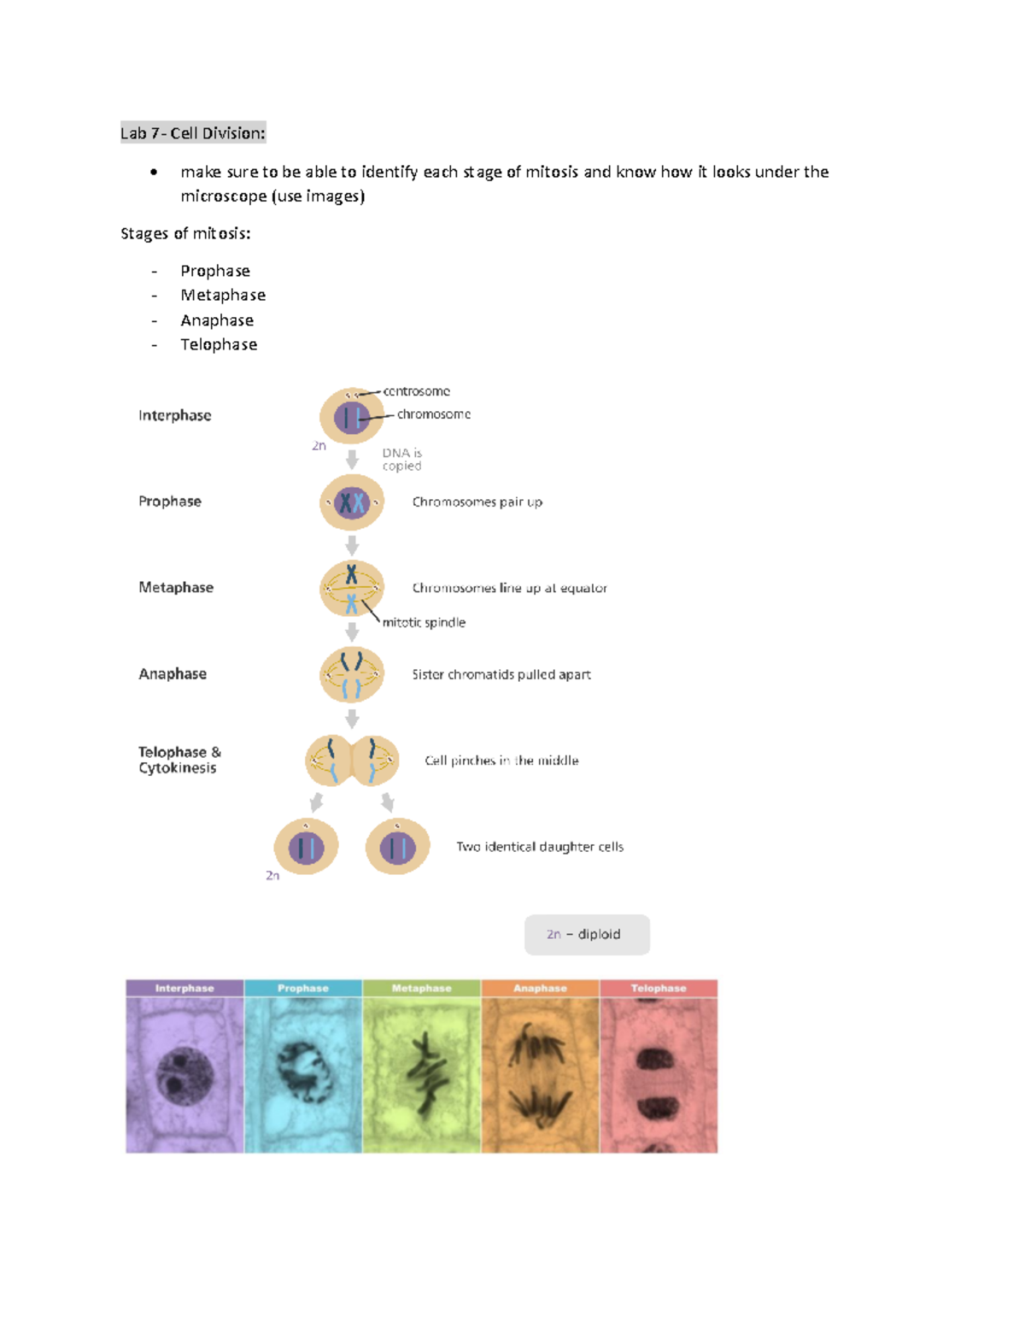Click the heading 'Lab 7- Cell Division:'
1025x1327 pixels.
point(193,132)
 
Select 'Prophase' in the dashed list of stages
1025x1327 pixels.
point(215,271)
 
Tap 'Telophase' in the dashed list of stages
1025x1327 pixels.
point(219,344)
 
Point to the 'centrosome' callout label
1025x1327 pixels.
point(416,391)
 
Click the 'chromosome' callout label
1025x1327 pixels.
point(433,414)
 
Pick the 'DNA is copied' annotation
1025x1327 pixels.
point(401,459)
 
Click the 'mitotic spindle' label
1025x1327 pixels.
point(424,622)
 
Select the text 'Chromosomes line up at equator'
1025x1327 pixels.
point(509,588)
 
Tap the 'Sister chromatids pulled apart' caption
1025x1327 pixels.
point(501,674)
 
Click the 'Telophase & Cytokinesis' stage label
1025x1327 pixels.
point(179,760)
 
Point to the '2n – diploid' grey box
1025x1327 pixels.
point(587,934)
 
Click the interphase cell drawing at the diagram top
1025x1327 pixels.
point(351,416)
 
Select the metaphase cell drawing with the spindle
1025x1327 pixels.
point(351,588)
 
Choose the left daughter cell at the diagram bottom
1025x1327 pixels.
point(306,847)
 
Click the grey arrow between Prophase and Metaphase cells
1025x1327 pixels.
point(352,545)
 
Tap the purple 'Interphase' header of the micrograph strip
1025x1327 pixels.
point(184,988)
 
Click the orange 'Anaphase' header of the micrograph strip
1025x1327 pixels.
point(540,988)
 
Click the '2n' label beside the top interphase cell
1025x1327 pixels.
point(319,446)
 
